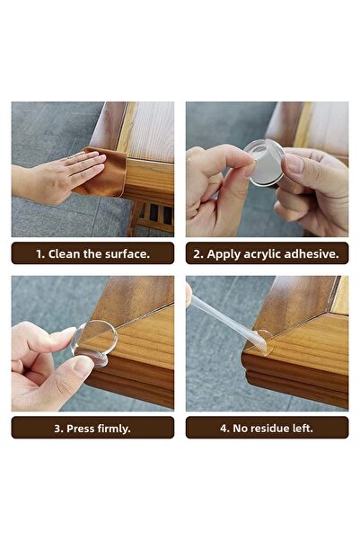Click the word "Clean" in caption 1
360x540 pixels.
coord(66,254)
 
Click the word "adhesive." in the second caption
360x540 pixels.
coord(314,254)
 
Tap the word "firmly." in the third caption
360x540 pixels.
coord(116,429)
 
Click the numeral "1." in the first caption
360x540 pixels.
coord(40,254)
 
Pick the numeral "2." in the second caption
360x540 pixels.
coord(199,254)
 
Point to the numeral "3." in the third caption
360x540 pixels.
coord(59,429)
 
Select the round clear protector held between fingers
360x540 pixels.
coord(267,162)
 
